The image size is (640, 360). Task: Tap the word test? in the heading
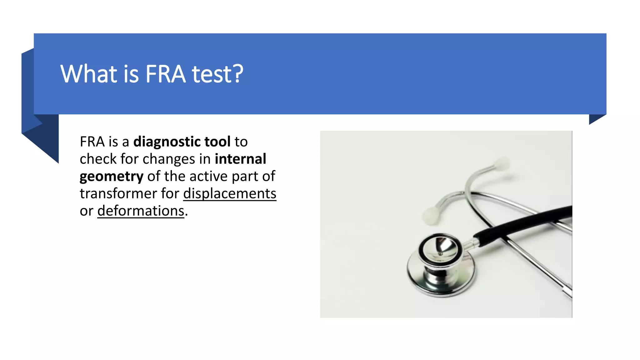click(x=217, y=74)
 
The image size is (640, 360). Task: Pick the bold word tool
click(x=217, y=142)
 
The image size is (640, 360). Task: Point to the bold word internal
click(x=240, y=159)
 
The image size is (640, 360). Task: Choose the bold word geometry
click(x=112, y=177)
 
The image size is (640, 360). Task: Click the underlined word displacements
click(x=230, y=194)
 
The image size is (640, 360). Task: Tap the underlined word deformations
click(x=141, y=211)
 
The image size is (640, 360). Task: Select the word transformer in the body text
click(x=118, y=194)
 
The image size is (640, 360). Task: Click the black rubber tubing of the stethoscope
click(x=525, y=222)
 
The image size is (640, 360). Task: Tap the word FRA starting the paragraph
click(x=92, y=142)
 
